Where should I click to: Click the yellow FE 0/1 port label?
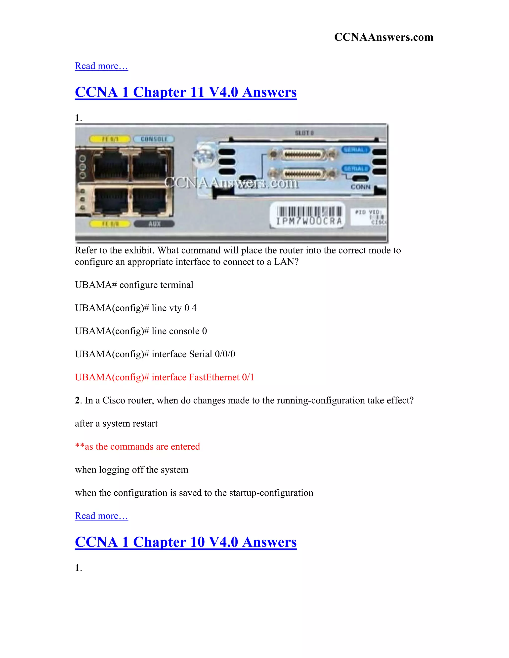110,139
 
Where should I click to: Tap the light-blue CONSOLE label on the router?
154,139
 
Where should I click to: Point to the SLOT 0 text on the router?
304,133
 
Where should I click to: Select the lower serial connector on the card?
303,174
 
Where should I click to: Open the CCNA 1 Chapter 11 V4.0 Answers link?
186,92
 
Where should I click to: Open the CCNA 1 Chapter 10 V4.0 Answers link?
186,542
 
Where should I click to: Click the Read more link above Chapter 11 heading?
101,66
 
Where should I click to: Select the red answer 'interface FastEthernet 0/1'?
164,377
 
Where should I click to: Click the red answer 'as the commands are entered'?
137,446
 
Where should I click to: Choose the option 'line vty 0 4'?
136,308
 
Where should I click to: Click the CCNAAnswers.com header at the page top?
383,37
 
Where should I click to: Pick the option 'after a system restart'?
116,424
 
